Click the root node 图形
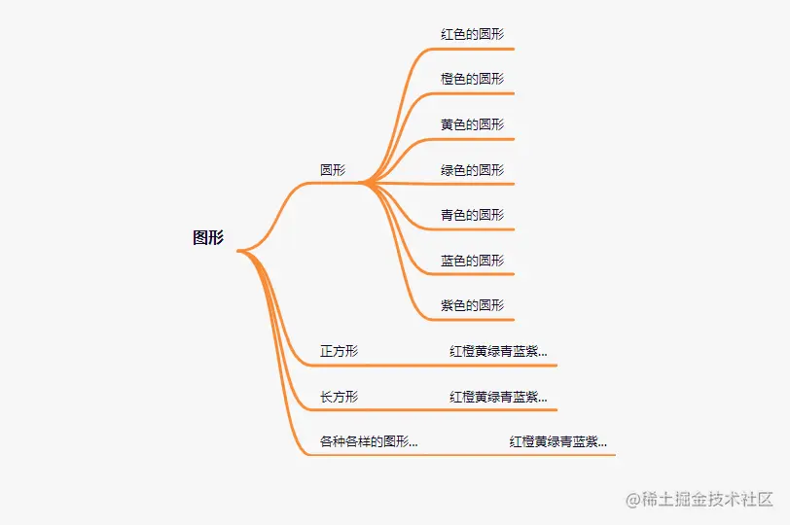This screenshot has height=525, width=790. [208, 238]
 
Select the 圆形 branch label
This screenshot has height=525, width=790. [333, 170]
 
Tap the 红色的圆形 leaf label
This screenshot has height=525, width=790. [472, 34]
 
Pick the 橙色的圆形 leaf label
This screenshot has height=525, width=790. [472, 79]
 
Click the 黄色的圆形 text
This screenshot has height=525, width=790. [472, 124]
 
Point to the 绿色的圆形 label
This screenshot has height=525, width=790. [472, 170]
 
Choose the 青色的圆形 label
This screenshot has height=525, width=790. [472, 215]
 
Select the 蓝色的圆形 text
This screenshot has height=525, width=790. [472, 261]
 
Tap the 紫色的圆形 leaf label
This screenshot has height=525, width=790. [472, 305]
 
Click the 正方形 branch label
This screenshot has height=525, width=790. [339, 351]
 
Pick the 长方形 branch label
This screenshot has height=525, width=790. [339, 397]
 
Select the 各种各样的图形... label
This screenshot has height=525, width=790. [369, 441]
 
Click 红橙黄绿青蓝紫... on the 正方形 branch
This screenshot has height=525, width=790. [498, 351]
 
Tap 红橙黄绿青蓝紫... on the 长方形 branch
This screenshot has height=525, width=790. [498, 397]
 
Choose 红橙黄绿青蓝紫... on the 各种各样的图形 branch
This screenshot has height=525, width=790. [557, 441]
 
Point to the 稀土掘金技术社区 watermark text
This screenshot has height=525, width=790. [707, 499]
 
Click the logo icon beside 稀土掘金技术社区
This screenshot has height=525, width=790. [632, 500]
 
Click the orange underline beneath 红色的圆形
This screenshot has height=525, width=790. [477, 48]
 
